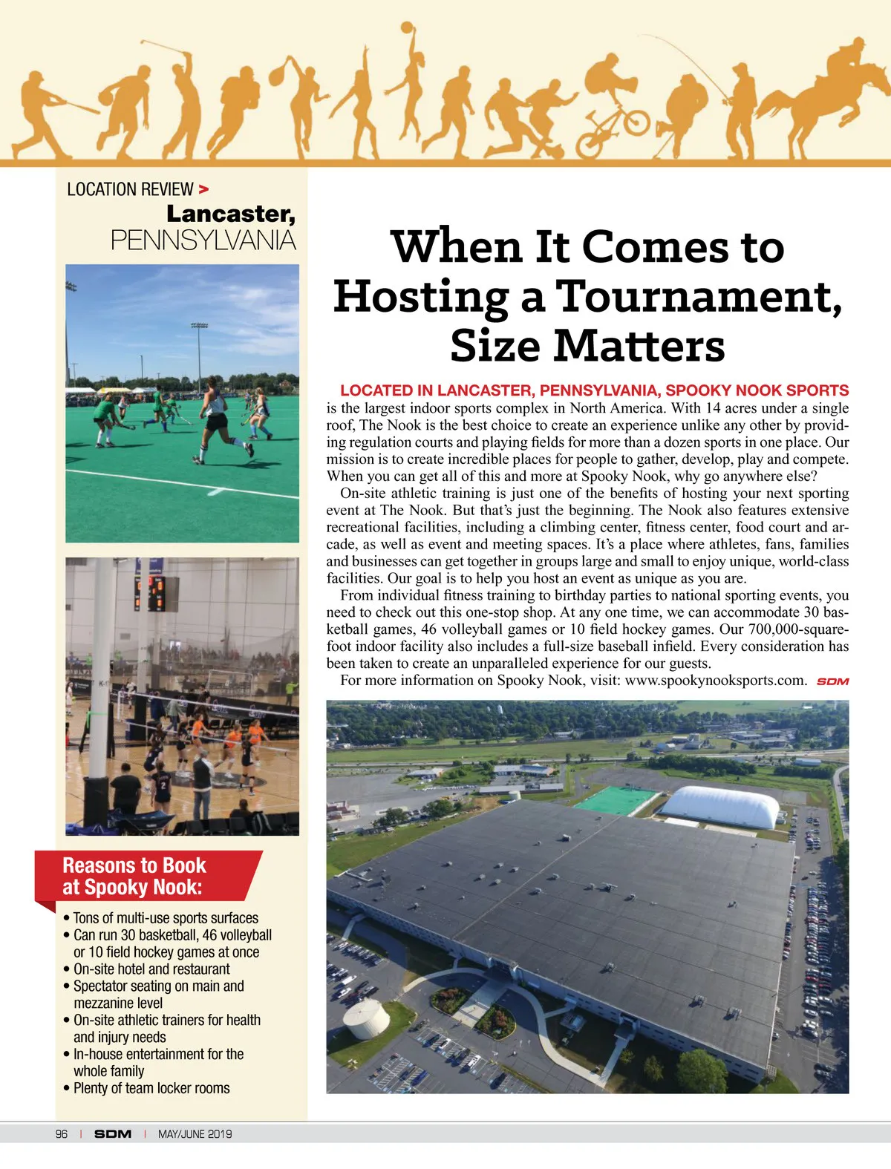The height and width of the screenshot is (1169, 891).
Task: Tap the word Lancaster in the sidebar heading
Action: tap(230, 214)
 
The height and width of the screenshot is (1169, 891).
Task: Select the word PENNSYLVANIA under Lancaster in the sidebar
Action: tap(203, 240)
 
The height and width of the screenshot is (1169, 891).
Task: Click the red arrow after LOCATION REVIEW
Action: tap(203, 190)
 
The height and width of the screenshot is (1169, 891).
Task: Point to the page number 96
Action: tap(62, 1133)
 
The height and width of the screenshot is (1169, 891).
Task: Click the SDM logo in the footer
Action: tap(113, 1133)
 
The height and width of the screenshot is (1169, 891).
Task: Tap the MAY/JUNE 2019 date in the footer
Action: tap(195, 1133)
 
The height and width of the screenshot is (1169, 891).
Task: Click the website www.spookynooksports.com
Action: tap(715, 681)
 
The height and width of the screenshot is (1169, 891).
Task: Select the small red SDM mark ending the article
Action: tap(832, 681)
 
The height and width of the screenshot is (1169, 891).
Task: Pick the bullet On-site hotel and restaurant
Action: tap(151, 969)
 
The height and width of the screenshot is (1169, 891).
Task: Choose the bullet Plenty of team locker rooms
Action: tap(151, 1088)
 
